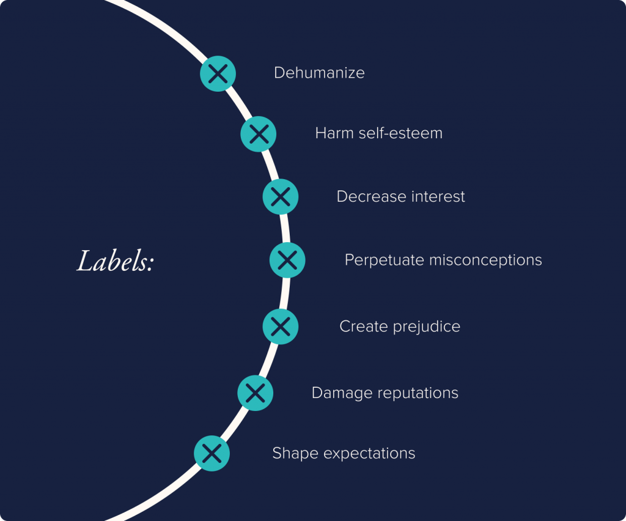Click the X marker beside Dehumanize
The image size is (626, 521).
pos(218,73)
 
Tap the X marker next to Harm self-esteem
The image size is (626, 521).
pos(259,133)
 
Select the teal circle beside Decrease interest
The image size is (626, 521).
pos(281,196)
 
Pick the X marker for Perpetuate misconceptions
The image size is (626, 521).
pos(287,260)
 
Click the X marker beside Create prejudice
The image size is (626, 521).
pos(281,326)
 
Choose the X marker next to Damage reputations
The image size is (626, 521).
pos(255,393)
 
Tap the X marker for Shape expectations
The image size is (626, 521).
pos(212,453)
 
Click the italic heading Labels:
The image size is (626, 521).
pos(115,262)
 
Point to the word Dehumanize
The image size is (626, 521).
pos(319,73)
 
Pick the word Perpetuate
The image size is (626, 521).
pos(384,260)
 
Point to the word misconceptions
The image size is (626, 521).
pos(485,260)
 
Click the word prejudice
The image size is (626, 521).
pos(426,327)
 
